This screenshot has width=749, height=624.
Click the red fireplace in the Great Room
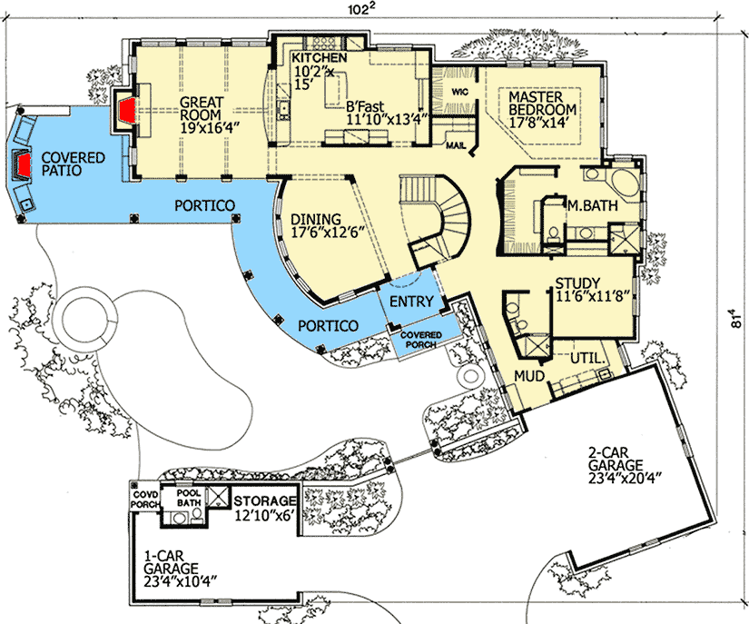point(127,112)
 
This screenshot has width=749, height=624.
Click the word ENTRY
point(410,302)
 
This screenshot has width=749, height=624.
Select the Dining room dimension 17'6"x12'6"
point(328,233)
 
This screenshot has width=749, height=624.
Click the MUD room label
point(530,374)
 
